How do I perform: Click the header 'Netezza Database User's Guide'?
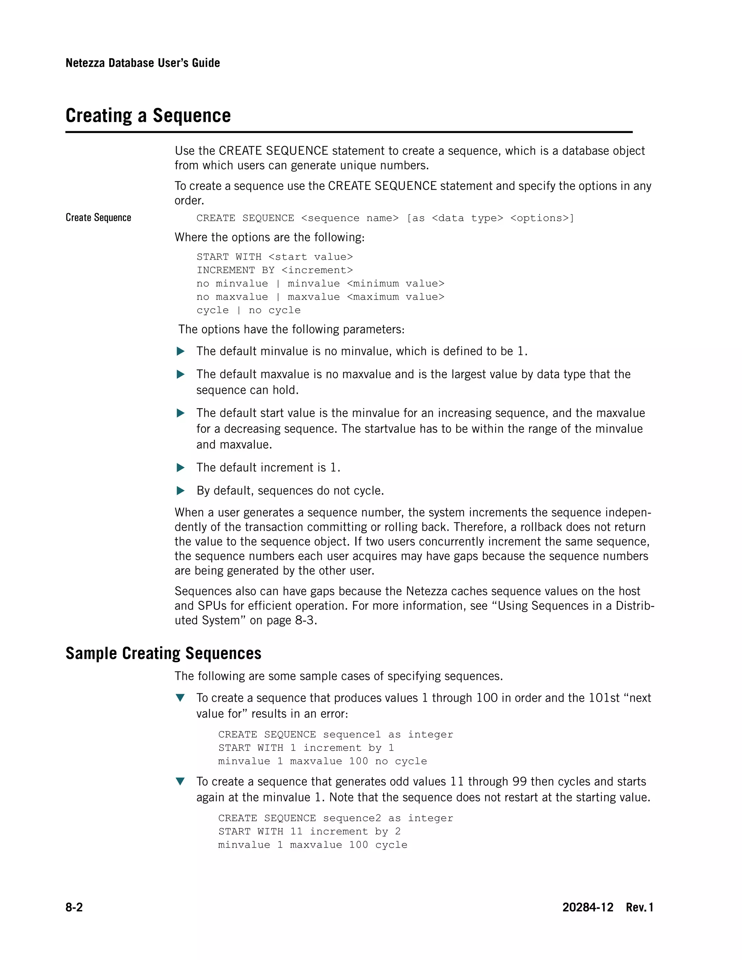click(x=142, y=63)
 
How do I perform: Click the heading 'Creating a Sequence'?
click(x=148, y=116)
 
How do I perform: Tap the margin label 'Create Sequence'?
click(x=98, y=218)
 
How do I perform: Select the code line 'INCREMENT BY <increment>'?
click(x=274, y=270)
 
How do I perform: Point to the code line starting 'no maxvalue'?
click(x=320, y=297)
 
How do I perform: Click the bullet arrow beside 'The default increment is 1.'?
click(x=180, y=468)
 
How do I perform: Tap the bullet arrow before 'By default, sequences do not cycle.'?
click(x=180, y=491)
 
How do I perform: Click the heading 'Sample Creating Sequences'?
click(x=163, y=653)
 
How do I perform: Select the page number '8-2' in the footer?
click(x=74, y=907)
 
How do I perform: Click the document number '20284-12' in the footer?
click(x=587, y=907)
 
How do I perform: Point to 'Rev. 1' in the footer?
click(x=639, y=907)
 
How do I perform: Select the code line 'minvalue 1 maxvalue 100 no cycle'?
click(x=322, y=761)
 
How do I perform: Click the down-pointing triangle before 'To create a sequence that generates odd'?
click(x=180, y=781)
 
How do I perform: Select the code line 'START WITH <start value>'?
click(x=274, y=257)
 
